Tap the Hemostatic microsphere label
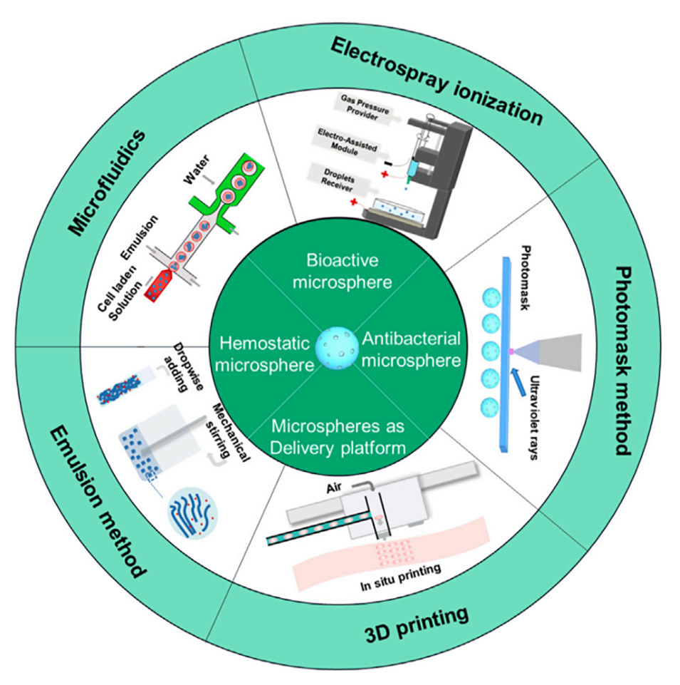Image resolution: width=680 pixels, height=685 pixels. pos(263,354)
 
